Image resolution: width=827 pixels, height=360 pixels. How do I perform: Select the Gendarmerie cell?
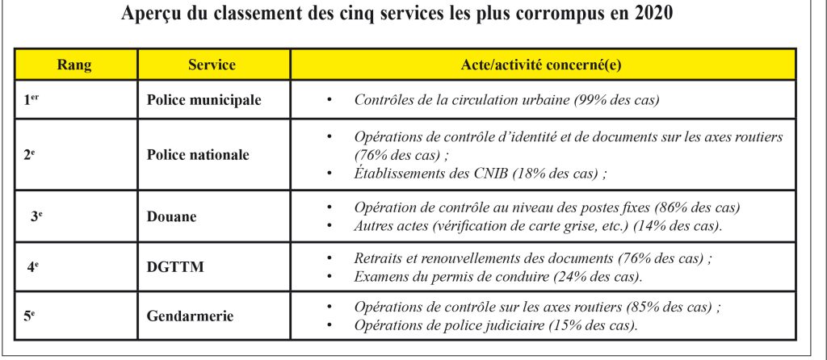190,316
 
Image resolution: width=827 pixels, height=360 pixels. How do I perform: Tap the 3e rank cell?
36,216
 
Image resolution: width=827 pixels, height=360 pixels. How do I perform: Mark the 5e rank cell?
28,316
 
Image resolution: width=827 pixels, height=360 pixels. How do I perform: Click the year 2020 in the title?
653,15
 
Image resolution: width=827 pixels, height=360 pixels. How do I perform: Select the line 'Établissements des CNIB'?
480,174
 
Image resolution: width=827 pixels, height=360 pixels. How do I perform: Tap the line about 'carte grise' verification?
538,227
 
